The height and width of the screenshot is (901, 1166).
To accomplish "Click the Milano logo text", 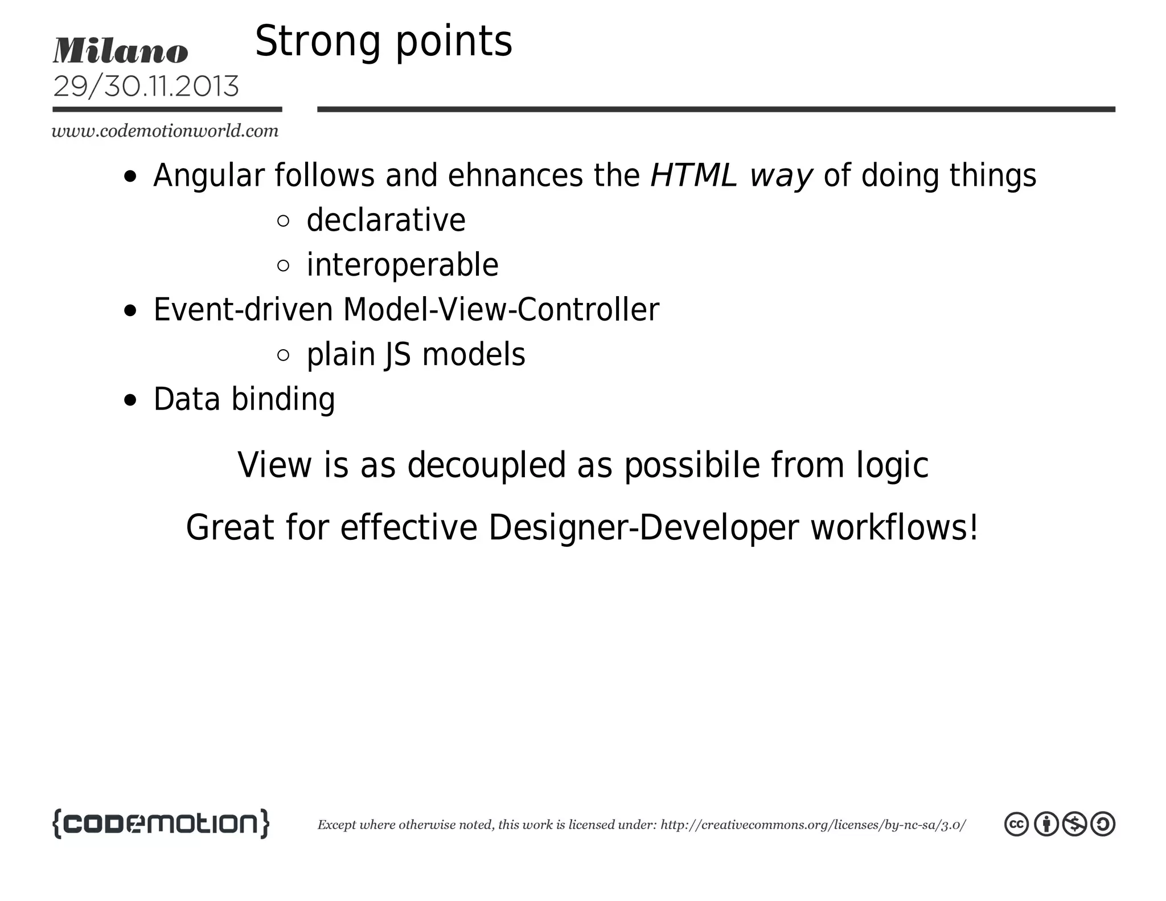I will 120,51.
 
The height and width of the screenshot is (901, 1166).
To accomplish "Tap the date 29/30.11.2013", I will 146,87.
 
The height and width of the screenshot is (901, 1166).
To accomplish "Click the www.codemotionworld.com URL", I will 165,131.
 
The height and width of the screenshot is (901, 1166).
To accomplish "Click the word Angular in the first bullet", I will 208,175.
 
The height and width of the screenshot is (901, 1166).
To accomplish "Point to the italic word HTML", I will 693,175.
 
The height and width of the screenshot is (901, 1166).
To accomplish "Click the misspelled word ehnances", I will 515,175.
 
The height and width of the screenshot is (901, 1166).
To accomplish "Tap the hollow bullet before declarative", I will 283,221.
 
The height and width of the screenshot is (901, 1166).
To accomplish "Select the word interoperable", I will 402,265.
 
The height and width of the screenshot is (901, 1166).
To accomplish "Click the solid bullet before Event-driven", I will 130,311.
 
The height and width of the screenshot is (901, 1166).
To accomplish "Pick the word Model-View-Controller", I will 501,310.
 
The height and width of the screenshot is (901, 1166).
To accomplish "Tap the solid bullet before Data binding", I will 130,400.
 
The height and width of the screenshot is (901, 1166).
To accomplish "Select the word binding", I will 283,399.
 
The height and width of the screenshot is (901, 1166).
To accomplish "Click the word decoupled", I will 486,465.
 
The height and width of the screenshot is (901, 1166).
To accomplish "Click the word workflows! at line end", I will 894,527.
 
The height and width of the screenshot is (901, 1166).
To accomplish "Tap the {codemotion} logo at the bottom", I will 161,824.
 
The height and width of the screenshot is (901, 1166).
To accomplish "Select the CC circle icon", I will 1016,824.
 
